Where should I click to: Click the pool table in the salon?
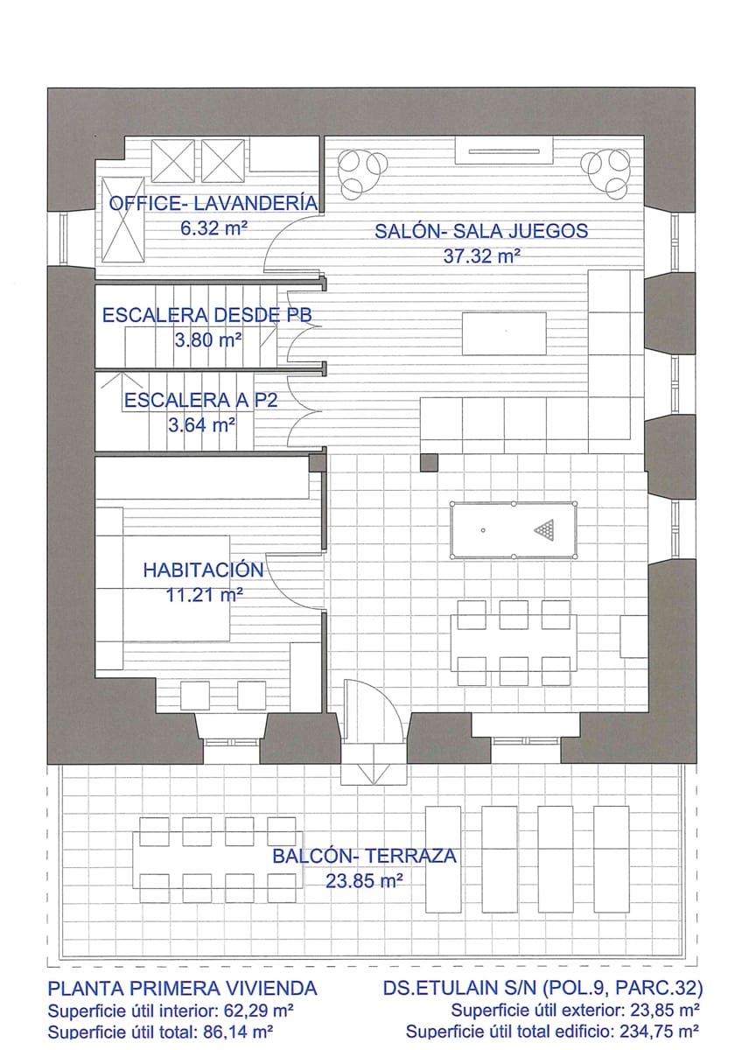point(513,530)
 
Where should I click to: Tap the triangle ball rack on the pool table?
point(546,529)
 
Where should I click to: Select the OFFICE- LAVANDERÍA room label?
point(213,204)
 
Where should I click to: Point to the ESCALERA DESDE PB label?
point(206,316)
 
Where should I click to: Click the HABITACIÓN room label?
point(203,570)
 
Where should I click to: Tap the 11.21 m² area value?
point(203,595)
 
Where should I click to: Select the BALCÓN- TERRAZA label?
point(364,857)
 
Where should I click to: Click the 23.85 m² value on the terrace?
point(364,882)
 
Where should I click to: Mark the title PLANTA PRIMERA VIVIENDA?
point(182,990)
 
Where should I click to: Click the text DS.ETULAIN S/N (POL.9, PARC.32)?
point(543,990)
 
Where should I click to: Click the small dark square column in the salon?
point(428,461)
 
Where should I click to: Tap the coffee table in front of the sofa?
point(504,333)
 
